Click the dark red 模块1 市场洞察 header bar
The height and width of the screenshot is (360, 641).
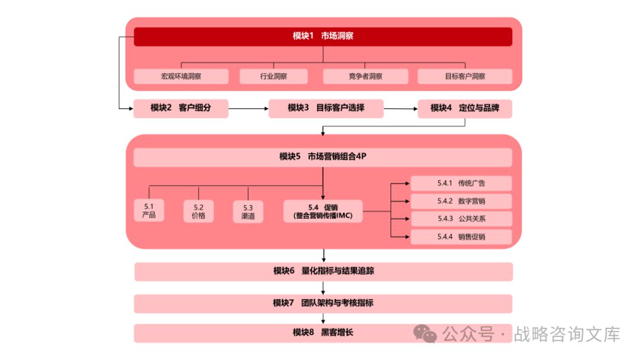pos(323,36)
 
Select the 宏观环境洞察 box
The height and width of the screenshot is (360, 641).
pos(181,77)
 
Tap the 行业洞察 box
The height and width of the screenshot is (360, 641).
pos(274,77)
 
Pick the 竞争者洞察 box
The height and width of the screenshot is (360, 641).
pos(366,77)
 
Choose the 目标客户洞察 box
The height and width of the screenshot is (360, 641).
pos(465,77)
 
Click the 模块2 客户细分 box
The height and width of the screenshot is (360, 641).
pos(181,108)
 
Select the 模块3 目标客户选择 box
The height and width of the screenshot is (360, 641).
pos(326,108)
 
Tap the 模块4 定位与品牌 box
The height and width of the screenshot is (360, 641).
pos(465,108)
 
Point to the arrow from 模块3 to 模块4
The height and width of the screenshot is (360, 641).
pos(401,108)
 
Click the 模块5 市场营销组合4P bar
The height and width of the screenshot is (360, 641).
pos(323,157)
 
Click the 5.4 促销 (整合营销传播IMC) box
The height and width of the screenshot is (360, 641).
pos(323,211)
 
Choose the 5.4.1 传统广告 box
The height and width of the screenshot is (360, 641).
pos(461,183)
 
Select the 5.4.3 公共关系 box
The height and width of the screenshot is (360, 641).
pos(461,219)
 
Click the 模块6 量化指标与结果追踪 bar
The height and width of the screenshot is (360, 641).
pos(323,271)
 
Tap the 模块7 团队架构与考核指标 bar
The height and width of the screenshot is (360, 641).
pos(323,303)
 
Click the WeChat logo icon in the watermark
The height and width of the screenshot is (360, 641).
pos(425,334)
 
